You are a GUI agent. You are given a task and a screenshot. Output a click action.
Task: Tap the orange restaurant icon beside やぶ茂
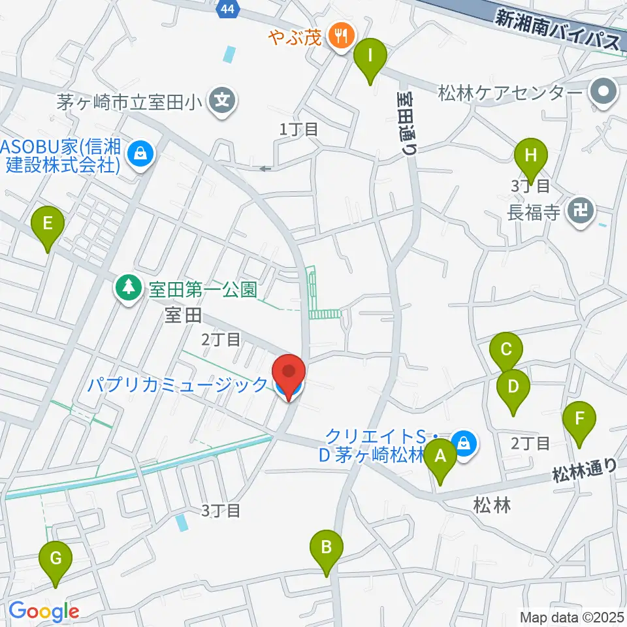pos(341,34)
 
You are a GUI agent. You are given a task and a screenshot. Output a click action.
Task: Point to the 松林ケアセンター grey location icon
pos(603,91)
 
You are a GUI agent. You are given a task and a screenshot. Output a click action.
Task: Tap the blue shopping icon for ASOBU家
pos(139,154)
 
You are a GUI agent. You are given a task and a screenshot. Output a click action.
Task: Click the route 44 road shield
pos(227,8)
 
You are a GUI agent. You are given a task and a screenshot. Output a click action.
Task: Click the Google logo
pos(44,612)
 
